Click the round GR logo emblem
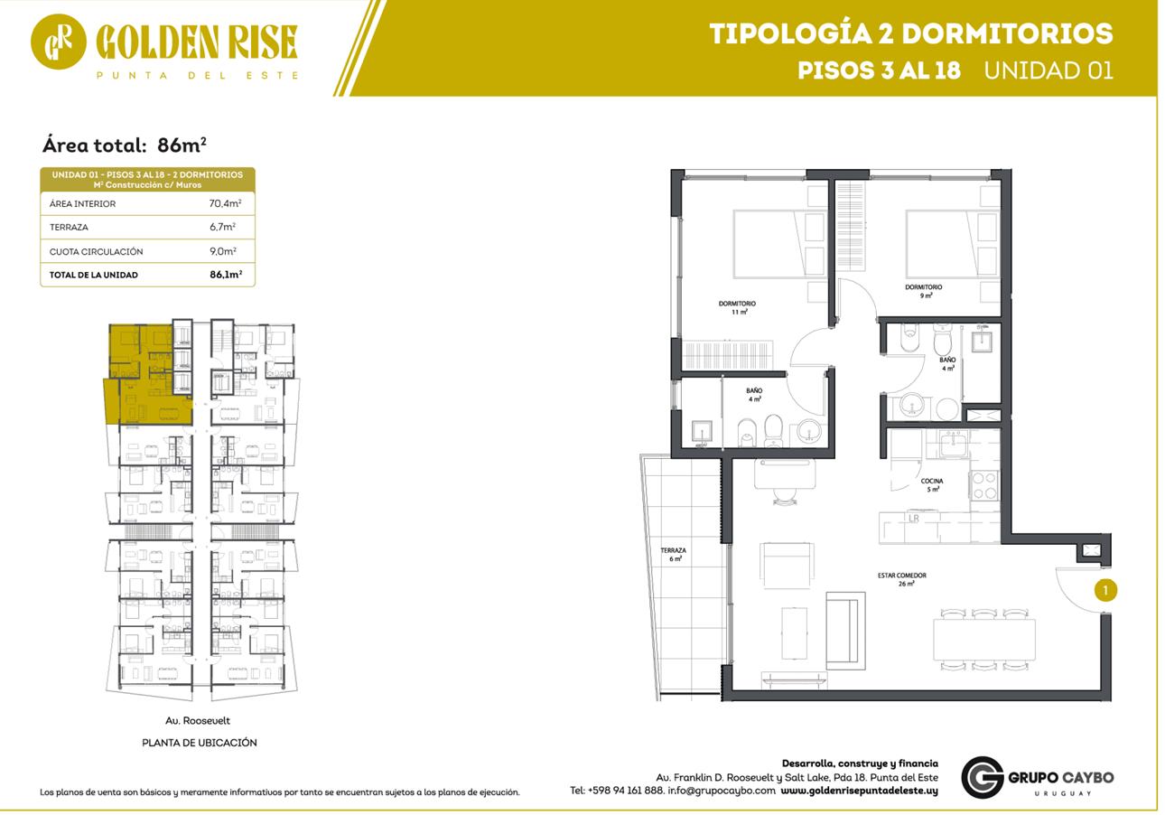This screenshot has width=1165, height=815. point(59,42)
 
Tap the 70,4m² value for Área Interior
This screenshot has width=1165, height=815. point(225,203)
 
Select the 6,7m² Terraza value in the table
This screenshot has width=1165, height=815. point(222,227)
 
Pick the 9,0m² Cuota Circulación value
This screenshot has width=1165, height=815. point(223,251)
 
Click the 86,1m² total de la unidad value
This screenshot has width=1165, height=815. point(226,275)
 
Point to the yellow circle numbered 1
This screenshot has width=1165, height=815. point(1105,590)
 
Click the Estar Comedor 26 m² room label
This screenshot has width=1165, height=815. point(902,579)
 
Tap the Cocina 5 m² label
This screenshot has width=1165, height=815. point(932,485)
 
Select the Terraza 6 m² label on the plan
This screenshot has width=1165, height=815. point(674,554)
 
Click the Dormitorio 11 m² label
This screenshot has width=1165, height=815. point(738,307)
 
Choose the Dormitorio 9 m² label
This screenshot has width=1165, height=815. point(924,291)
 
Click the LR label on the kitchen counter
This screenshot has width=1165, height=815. point(913,519)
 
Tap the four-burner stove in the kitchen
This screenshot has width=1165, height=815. point(984,485)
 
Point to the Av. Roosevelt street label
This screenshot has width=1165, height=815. point(198,720)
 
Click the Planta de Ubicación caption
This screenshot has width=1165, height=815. point(200,743)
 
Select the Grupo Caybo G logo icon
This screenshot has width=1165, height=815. point(982,777)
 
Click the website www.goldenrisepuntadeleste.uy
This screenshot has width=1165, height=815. point(859,791)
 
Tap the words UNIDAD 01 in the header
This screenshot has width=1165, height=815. point(1048,70)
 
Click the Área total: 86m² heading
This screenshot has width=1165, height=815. point(125,145)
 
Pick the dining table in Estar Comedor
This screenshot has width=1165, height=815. point(984,640)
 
